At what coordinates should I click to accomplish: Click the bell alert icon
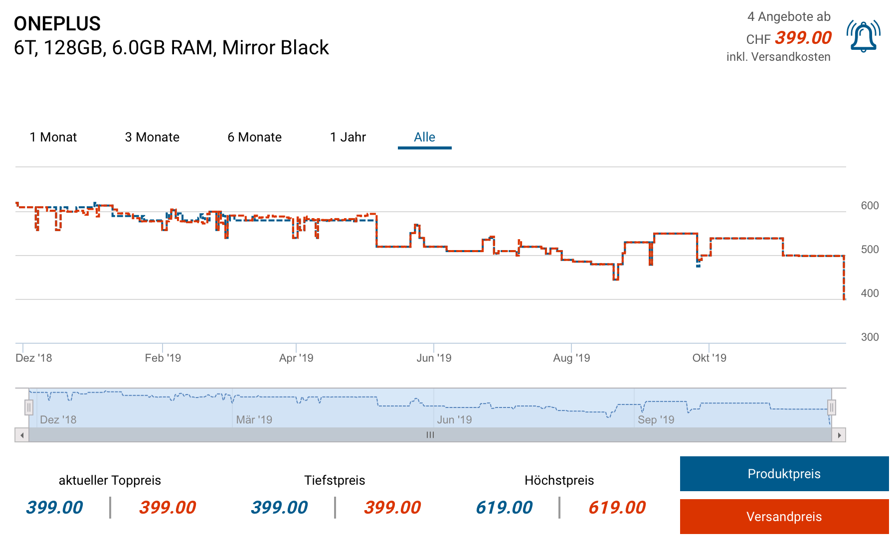tap(863, 36)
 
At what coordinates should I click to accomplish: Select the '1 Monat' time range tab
tap(53, 137)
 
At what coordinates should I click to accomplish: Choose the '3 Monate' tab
tap(152, 137)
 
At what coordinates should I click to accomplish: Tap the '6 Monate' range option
tap(254, 137)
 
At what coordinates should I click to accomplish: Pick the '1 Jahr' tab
tap(348, 137)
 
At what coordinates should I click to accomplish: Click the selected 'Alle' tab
tap(424, 137)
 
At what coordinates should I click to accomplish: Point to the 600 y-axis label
tap(870, 206)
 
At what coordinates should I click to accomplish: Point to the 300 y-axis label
tap(870, 337)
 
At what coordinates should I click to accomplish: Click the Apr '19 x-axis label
tap(296, 358)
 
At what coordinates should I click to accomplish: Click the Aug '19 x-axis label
tap(571, 358)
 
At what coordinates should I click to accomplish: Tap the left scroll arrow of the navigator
tap(21, 435)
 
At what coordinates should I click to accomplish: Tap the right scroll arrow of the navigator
tap(839, 435)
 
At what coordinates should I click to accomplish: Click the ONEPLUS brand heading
tap(57, 23)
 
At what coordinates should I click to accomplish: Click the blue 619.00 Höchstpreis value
tap(504, 508)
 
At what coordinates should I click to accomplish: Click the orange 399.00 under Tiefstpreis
tap(392, 508)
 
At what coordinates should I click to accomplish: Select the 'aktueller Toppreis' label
tap(110, 480)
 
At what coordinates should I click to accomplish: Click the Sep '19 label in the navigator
tap(656, 419)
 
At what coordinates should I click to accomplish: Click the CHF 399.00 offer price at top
tap(803, 38)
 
